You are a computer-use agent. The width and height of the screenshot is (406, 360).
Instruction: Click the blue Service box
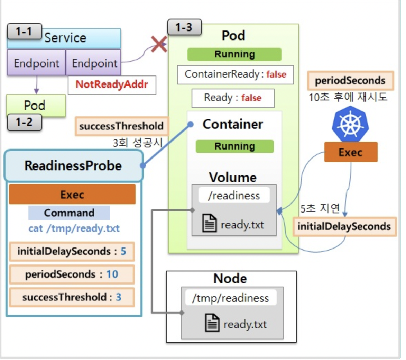click(x=64, y=38)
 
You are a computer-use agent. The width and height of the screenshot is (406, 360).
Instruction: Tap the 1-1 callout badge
click(x=24, y=31)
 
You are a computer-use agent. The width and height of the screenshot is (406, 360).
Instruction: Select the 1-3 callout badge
click(x=184, y=27)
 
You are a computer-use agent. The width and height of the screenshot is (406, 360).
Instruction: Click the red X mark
click(x=159, y=44)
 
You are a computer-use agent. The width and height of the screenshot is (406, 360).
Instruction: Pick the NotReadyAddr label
click(x=112, y=85)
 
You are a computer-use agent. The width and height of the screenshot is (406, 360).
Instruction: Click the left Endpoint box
click(x=36, y=63)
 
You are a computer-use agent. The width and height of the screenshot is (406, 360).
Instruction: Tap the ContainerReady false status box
click(x=236, y=75)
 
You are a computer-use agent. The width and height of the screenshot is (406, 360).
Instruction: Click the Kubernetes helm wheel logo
click(x=350, y=124)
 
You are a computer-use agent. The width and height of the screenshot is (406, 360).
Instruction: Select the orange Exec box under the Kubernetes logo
click(x=351, y=152)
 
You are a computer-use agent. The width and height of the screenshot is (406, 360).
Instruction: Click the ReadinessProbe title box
click(x=74, y=166)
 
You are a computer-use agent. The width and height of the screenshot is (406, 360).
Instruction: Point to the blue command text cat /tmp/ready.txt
click(x=74, y=228)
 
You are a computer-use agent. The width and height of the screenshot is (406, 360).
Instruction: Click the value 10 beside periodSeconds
click(x=112, y=274)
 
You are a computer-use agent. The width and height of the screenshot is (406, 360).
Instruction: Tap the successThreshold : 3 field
click(x=72, y=297)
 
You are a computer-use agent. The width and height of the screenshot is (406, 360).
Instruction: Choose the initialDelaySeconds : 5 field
click(x=72, y=251)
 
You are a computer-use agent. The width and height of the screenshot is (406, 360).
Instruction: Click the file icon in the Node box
click(x=212, y=323)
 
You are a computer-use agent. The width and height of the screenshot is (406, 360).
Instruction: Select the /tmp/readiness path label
click(x=231, y=298)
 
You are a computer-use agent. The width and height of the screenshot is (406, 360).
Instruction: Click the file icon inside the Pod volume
click(x=209, y=223)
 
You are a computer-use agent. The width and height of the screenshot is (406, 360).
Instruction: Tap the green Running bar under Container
click(x=234, y=146)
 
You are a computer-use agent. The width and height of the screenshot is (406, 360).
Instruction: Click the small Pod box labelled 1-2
click(x=36, y=105)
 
